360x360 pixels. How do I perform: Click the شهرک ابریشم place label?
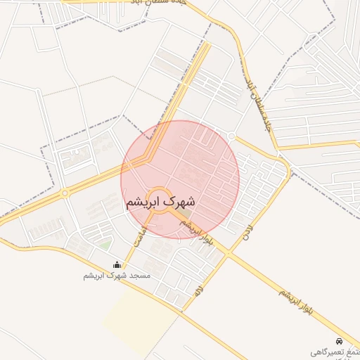click(160, 202)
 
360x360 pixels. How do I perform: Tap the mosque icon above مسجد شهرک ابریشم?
click(117, 265)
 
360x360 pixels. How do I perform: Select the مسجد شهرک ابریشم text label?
click(117, 276)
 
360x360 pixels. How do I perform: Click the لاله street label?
click(199, 288)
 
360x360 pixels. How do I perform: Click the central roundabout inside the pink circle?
click(158, 200)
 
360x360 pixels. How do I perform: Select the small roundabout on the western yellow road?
click(65, 193)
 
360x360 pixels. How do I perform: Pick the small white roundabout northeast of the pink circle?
click(231, 136)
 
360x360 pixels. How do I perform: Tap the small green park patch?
click(105, 244)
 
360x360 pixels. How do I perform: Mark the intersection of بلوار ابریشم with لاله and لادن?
click(229, 254)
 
